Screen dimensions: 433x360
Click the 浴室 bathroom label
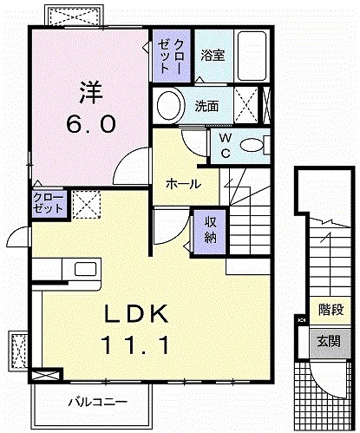(x=213, y=56)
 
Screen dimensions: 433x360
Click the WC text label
(x=224, y=145)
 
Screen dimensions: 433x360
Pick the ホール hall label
(x=183, y=184)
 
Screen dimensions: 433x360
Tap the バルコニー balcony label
(x=99, y=402)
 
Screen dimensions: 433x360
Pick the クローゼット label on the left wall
(x=47, y=204)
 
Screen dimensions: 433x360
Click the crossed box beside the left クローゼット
(x=85, y=204)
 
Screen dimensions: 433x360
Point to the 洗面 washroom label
(x=206, y=108)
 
